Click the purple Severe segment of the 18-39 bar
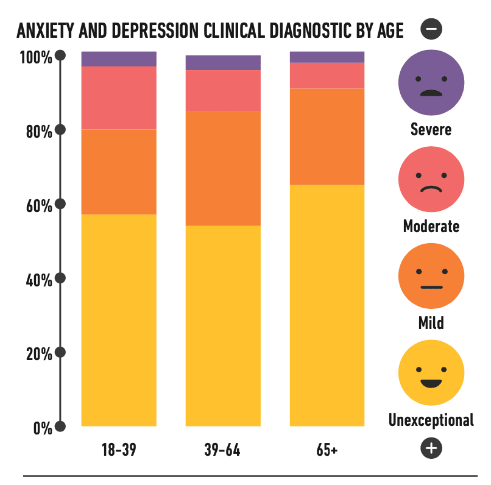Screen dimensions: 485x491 click(119, 59)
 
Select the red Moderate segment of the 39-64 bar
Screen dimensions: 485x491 click(223, 90)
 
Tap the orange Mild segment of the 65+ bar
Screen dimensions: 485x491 click(327, 136)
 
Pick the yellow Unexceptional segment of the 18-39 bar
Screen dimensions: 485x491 click(119, 320)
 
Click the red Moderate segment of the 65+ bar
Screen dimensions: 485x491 click(327, 76)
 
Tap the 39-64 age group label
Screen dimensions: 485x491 click(222, 451)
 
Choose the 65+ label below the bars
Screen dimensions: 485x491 click(327, 451)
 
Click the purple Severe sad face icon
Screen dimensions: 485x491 click(431, 83)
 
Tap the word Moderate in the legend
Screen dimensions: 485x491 click(431, 227)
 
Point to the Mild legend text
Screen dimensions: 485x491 click(431, 323)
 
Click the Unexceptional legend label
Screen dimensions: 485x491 click(431, 420)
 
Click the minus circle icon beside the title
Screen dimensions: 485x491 click(431, 29)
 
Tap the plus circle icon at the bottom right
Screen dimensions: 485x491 click(431, 448)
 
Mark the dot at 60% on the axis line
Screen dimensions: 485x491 click(60, 204)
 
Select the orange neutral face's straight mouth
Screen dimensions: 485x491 click(431, 286)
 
